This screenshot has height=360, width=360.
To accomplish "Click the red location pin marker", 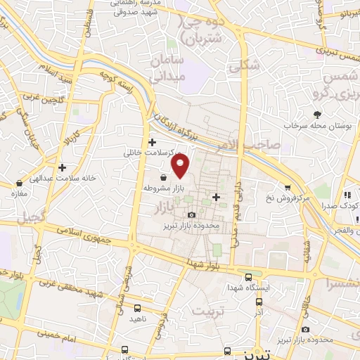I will click(181, 167).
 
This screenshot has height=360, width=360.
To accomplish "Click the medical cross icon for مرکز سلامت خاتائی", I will click(151, 141).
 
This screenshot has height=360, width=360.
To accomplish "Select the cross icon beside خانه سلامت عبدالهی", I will click(63, 168).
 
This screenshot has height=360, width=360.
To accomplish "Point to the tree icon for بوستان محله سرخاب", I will click(318, 113).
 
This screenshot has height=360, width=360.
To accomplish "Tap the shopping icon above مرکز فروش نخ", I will click(287, 186).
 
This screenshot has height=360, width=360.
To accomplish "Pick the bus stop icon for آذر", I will click(258, 297).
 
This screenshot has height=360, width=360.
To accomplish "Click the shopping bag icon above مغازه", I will click(18, 183).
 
